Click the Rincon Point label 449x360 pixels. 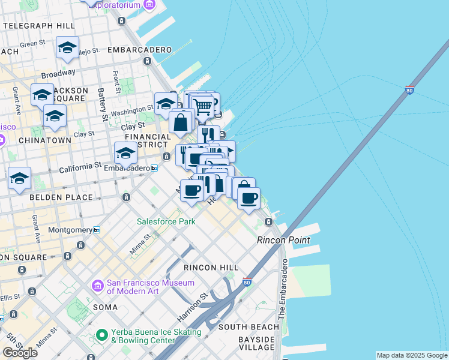coord(283,240)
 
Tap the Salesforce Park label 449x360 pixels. coord(166,221)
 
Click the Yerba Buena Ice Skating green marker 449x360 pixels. coord(101,334)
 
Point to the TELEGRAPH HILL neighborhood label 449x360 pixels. coord(38,26)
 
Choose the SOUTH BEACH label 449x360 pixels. coord(249,327)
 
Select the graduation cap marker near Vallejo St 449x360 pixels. coord(67,47)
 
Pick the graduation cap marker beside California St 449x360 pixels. coord(125,154)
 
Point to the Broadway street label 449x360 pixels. coord(58,73)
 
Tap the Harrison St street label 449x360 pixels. coord(191,305)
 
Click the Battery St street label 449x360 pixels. coord(103,107)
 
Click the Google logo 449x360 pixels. coord(20,353)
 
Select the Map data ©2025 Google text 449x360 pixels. coord(412,355)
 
